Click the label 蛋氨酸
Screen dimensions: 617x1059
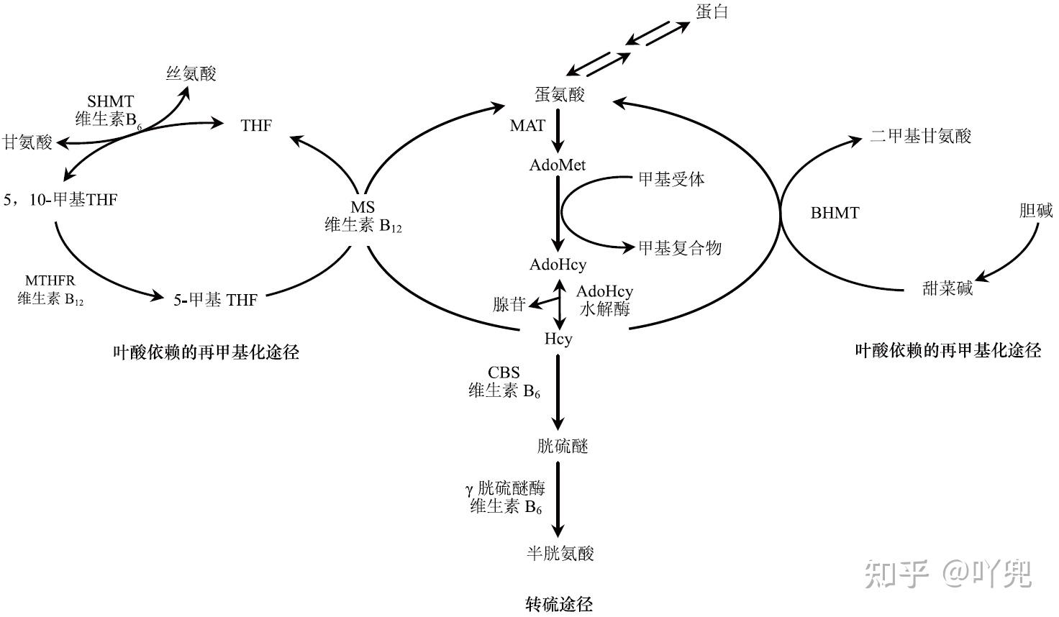559,94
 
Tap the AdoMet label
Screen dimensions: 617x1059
558,165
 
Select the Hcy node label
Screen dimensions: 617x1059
558,338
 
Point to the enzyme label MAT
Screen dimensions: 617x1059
527,125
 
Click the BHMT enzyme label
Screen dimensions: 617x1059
835,213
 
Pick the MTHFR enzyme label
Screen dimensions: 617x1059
50,280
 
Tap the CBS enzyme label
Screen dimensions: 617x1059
504,373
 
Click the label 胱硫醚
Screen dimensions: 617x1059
563,447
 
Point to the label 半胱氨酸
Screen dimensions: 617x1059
560,553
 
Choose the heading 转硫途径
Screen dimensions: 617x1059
559,603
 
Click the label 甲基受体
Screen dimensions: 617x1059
671,179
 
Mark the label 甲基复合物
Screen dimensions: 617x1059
680,248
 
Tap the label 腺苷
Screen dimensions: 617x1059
509,304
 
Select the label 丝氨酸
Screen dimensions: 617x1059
191,73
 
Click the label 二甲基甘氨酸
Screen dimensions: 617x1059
920,136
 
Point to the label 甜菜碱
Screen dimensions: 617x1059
947,288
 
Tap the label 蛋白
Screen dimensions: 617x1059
712,12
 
